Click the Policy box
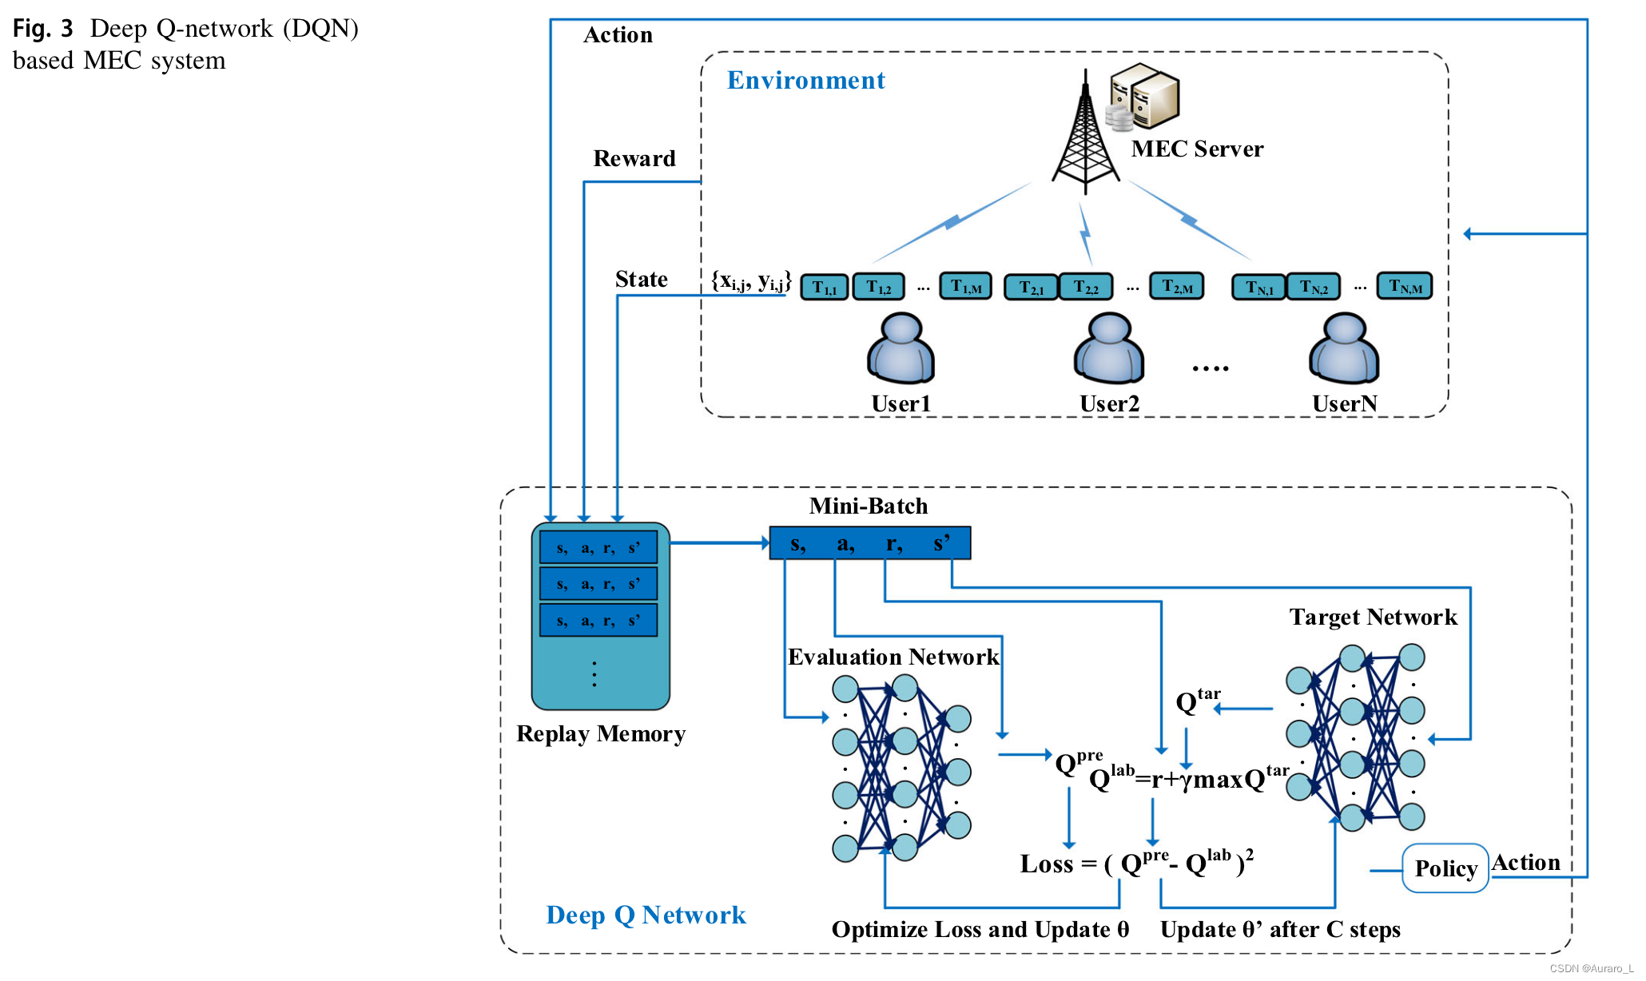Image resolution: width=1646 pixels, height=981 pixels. pyautogui.click(x=1445, y=868)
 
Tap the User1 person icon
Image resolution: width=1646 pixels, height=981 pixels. pyautogui.click(x=901, y=349)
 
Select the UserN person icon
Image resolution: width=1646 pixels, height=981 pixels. pyautogui.click(x=1344, y=349)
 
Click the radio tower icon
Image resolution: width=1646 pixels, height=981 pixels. pyautogui.click(x=1085, y=136)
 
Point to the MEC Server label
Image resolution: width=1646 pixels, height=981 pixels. pyautogui.click(x=1197, y=149)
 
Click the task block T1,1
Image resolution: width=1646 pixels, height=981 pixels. pyautogui.click(x=824, y=287)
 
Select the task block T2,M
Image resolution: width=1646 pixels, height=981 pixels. pyautogui.click(x=1176, y=286)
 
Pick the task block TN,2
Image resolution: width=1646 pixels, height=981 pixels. pyautogui.click(x=1313, y=287)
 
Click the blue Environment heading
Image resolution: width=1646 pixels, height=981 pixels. pyautogui.click(x=805, y=81)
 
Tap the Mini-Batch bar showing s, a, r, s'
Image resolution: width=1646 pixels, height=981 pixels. pyautogui.click(x=869, y=543)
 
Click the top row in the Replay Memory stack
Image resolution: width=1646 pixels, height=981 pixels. pyautogui.click(x=598, y=548)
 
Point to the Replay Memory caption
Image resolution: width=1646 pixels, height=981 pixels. pyautogui.click(x=601, y=733)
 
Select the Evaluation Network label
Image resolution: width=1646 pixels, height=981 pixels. pyautogui.click(x=893, y=657)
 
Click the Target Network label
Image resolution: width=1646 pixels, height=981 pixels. pyautogui.click(x=1373, y=617)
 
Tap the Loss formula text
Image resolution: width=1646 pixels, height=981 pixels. pyautogui.click(x=1136, y=864)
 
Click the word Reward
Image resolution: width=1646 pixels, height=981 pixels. pyautogui.click(x=634, y=158)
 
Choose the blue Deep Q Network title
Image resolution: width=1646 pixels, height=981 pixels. pyautogui.click(x=646, y=915)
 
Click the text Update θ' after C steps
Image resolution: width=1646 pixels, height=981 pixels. pyautogui.click(x=1280, y=930)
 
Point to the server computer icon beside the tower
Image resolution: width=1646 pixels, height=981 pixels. pyautogui.click(x=1144, y=97)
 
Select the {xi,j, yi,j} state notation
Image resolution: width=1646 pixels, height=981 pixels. pyautogui.click(x=751, y=281)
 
